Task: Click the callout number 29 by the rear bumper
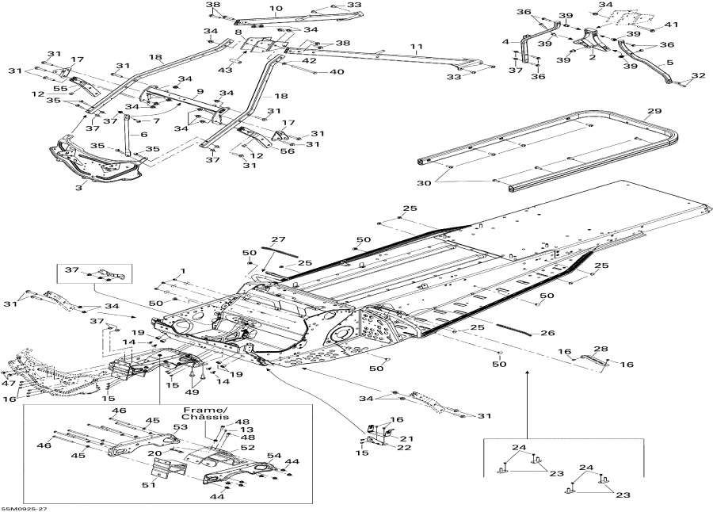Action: [654, 111]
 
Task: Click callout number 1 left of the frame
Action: [182, 270]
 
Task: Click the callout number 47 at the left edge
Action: [8, 383]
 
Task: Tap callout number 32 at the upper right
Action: [699, 76]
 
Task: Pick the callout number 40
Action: [337, 72]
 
